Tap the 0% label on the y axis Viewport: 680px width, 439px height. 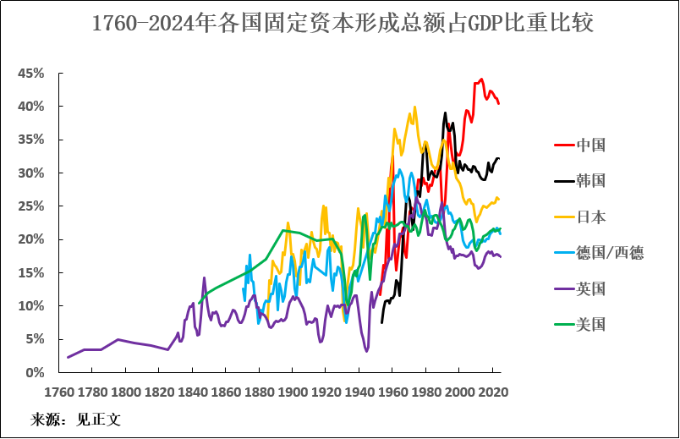click(x=35, y=372)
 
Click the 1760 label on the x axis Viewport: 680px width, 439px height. click(x=58, y=392)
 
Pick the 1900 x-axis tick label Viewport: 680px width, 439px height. click(x=292, y=392)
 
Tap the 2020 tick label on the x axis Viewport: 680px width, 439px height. click(x=492, y=392)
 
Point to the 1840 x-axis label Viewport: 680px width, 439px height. click(x=192, y=392)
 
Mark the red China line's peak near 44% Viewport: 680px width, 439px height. click(x=481, y=80)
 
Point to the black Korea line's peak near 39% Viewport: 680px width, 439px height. click(x=445, y=112)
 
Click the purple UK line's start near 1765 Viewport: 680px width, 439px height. click(x=68, y=357)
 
